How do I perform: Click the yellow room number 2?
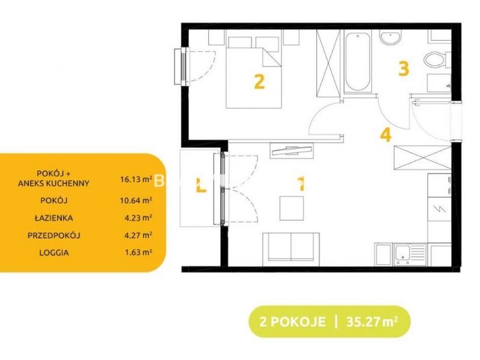tap(259, 82)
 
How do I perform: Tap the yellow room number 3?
tap(404, 68)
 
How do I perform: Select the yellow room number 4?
tap(386, 134)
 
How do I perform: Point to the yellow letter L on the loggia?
tap(201, 186)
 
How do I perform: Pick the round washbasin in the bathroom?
tap(389, 37)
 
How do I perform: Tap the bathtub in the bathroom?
tap(358, 61)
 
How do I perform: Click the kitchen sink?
tap(410, 254)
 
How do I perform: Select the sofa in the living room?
tap(291, 250)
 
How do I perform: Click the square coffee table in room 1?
tap(292, 208)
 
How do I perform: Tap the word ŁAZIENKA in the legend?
tap(54, 218)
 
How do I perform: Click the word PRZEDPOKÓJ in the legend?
tap(54, 235)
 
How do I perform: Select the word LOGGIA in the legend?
tap(54, 253)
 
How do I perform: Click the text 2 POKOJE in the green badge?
tap(293, 322)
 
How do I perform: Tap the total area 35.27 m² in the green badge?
tap(372, 322)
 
